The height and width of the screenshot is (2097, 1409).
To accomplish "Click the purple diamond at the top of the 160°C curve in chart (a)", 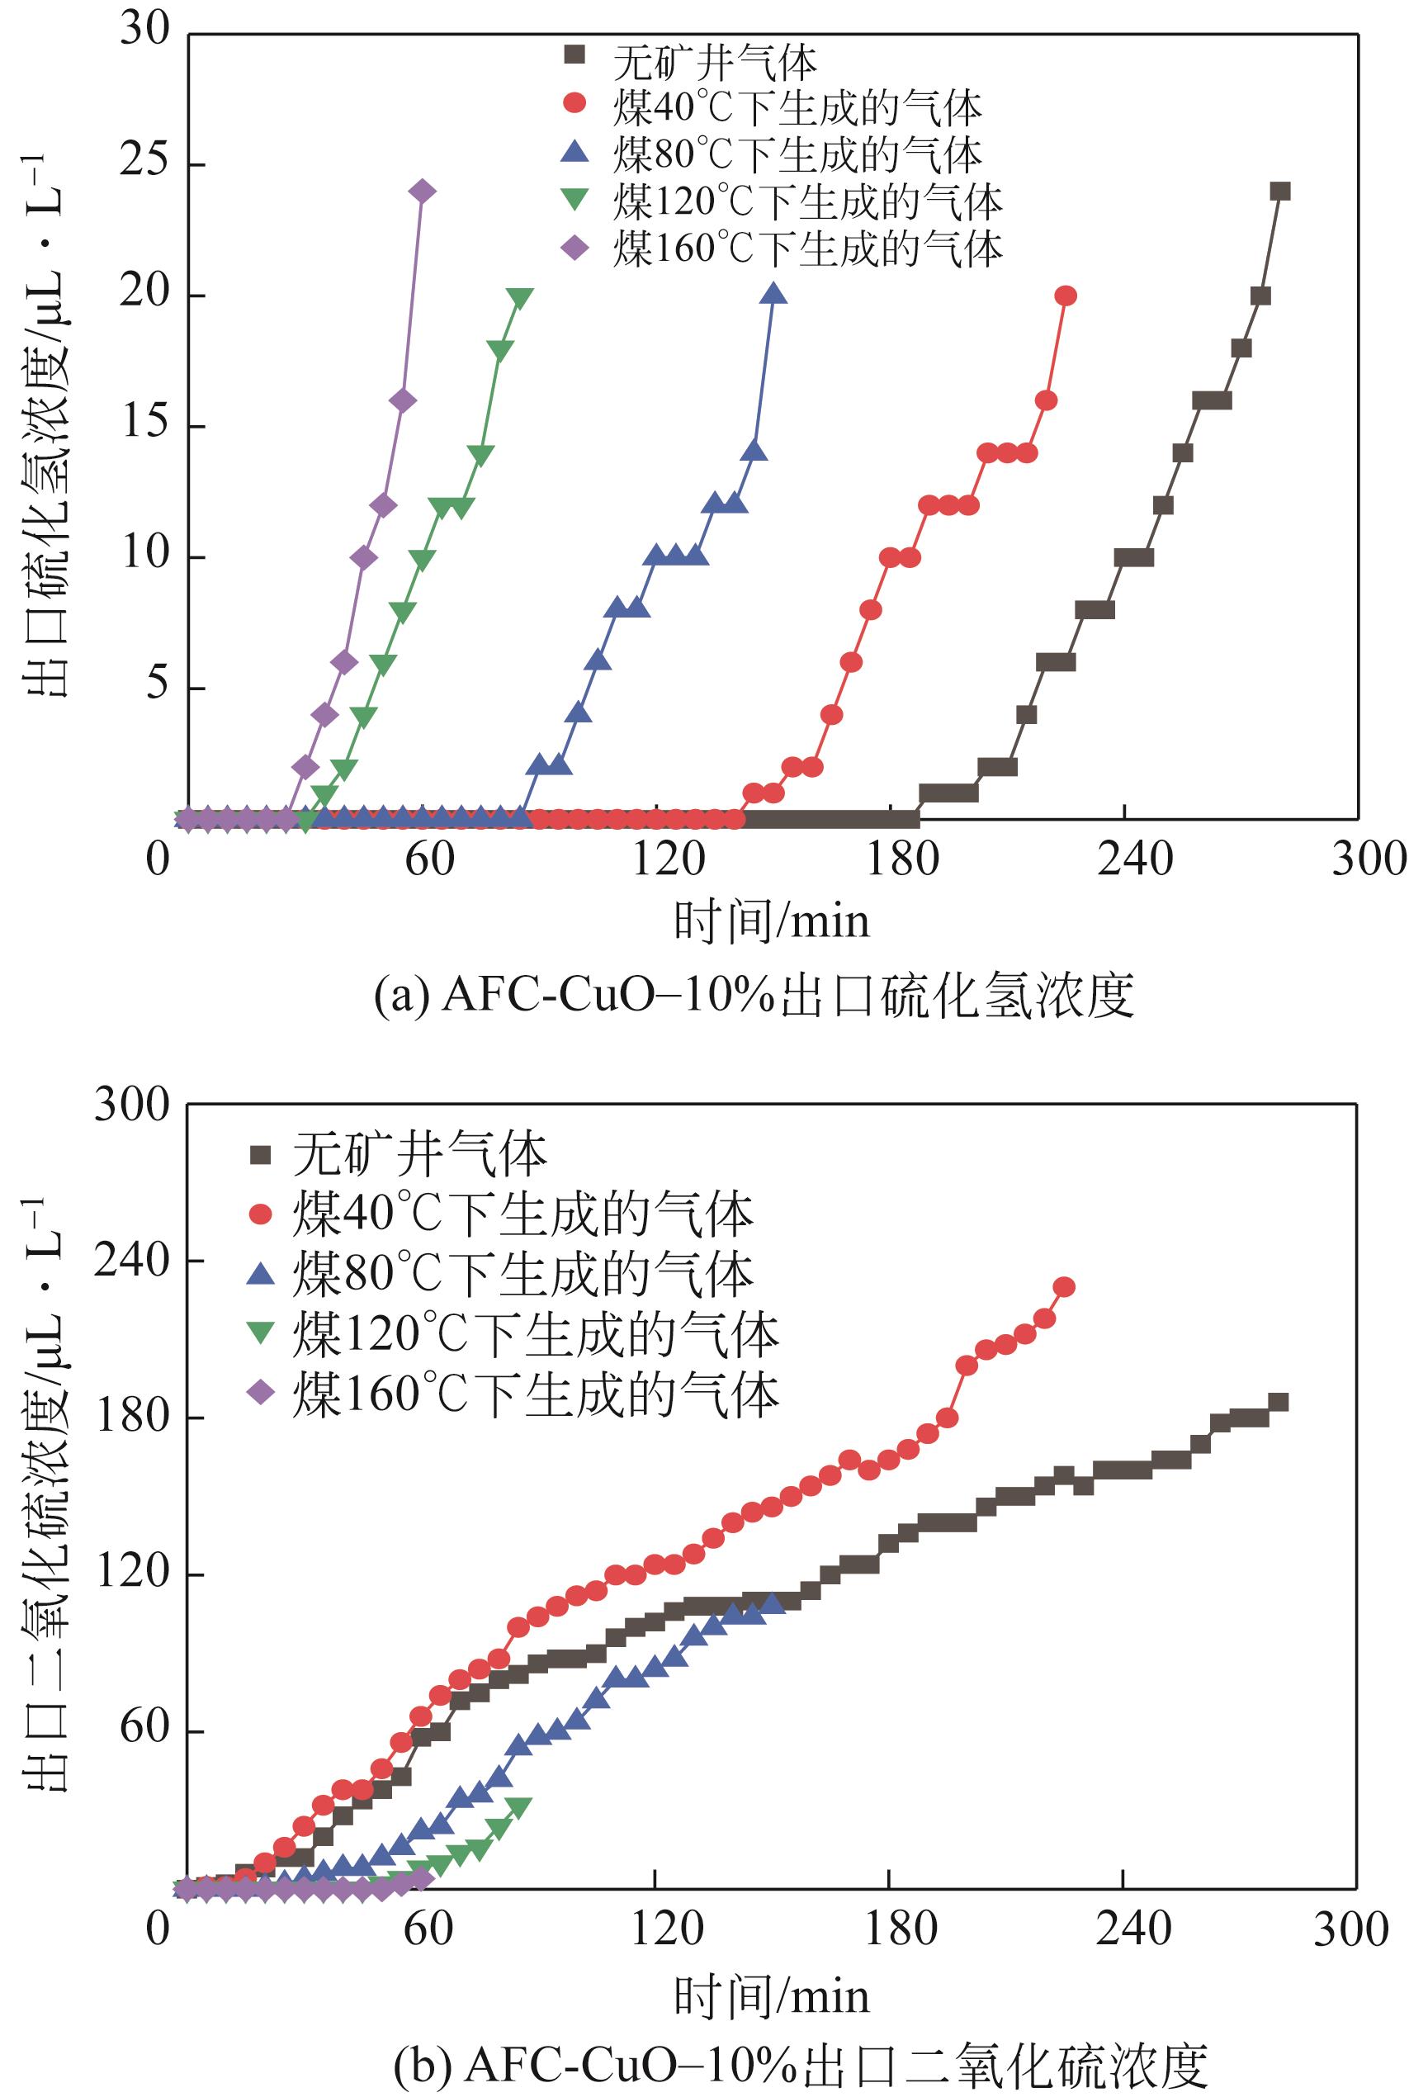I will click(423, 192).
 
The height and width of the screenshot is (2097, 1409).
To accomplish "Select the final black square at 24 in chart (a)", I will click(1280, 192).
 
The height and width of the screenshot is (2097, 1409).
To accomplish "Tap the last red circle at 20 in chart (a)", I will click(1066, 296).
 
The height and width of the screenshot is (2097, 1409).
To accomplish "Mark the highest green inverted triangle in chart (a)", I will click(519, 297).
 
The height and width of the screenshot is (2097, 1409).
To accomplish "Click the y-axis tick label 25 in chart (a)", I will click(144, 163).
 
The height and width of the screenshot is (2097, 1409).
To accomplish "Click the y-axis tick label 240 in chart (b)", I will click(132, 1261).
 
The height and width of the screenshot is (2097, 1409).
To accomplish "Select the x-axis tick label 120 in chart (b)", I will click(666, 1928).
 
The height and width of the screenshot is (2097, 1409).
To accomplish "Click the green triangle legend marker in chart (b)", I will click(261, 1333).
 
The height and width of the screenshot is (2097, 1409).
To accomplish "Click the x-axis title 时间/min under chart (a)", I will click(772, 921).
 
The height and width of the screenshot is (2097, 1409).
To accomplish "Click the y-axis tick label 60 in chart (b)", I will click(144, 1728).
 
